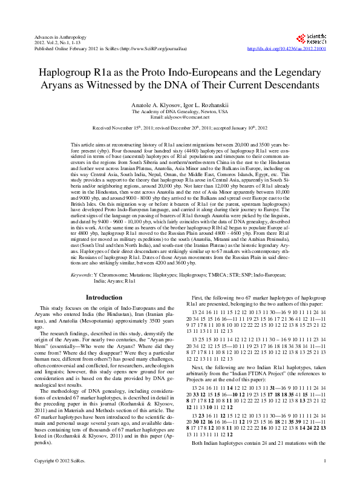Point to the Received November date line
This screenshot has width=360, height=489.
pos(180,128)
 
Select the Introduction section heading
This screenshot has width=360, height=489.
pos(104,297)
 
